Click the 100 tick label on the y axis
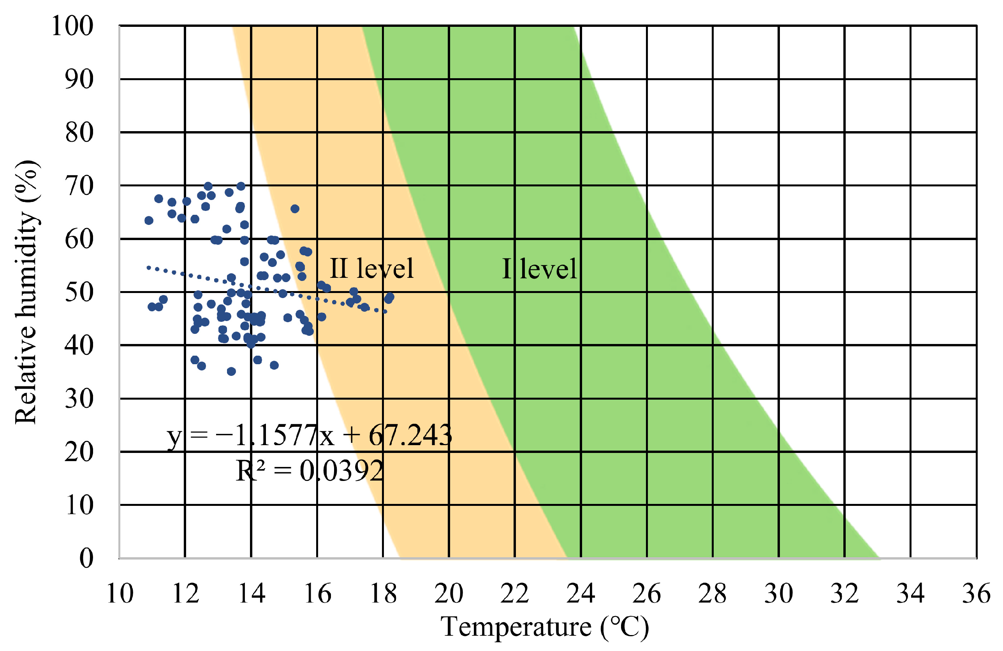click(x=72, y=26)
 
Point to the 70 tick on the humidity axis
click(x=79, y=186)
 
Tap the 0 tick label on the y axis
click(x=86, y=558)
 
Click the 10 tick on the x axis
click(x=120, y=594)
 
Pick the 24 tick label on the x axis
click(x=580, y=594)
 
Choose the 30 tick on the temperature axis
click(x=778, y=594)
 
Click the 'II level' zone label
click(x=371, y=268)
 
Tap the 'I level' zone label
click(x=539, y=269)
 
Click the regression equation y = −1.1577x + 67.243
click(x=309, y=436)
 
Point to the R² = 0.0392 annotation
click(x=309, y=471)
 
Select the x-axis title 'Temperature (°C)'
click(x=544, y=627)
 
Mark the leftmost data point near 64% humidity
click(x=149, y=221)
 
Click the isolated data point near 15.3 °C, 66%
click(x=295, y=209)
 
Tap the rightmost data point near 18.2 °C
click(x=390, y=297)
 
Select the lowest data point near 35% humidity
click(x=231, y=371)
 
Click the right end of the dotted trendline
click(x=385, y=312)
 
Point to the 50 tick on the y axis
click(x=79, y=292)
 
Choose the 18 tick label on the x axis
click(x=383, y=594)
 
